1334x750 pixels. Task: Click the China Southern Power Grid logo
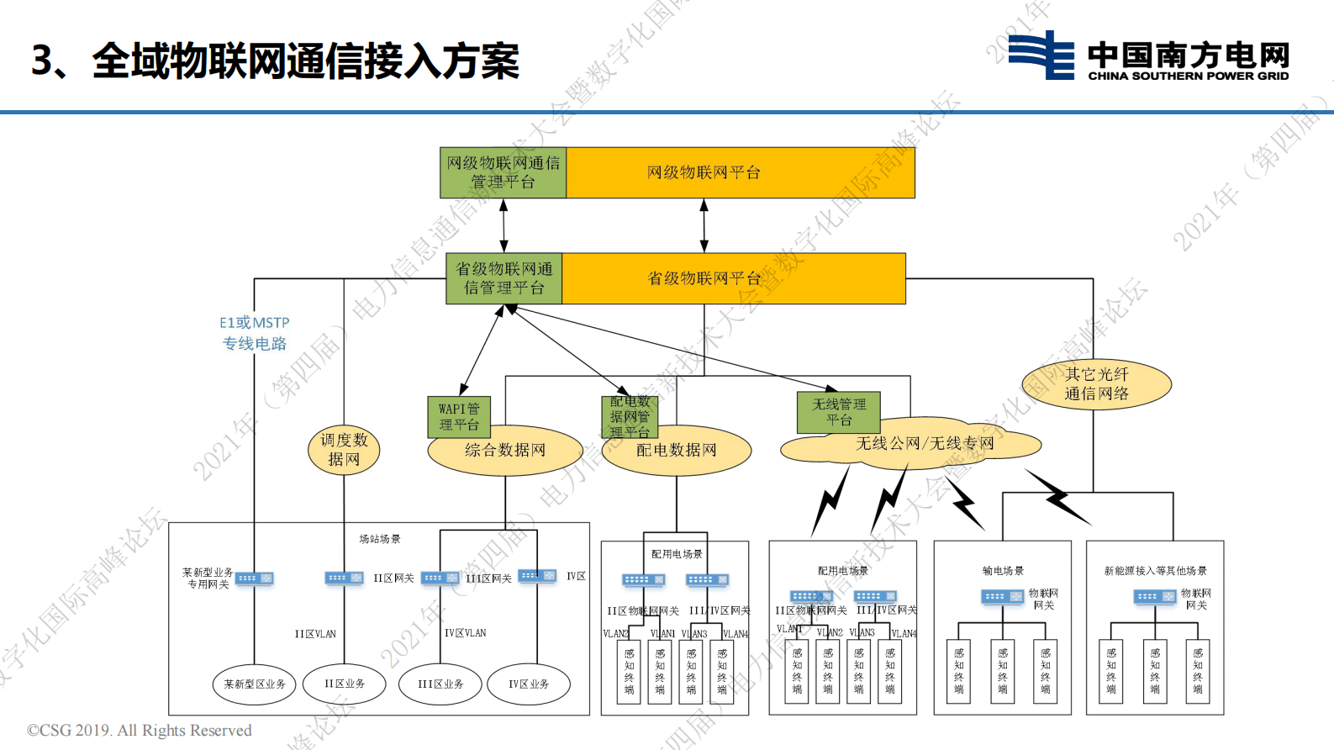tap(1148, 55)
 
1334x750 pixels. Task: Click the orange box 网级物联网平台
tap(740, 173)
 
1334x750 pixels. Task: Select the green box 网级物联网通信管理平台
tap(503, 173)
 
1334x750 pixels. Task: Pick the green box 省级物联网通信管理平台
tap(504, 278)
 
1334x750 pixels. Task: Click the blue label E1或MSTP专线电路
tap(254, 333)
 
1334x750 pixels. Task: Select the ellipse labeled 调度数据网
tap(344, 449)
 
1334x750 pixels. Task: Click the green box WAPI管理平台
tap(458, 416)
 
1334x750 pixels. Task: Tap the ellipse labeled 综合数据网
tap(505, 452)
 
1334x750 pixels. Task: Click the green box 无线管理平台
tap(838, 412)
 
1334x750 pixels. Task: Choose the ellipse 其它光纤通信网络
tap(1096, 384)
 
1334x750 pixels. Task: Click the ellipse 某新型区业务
tap(254, 684)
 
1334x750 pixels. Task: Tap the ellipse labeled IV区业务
tap(528, 684)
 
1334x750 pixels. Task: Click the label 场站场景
tap(380, 539)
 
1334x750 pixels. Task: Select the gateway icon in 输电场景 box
tap(1002, 597)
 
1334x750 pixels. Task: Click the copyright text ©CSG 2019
tap(140, 730)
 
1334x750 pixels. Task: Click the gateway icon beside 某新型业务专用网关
tap(254, 578)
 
